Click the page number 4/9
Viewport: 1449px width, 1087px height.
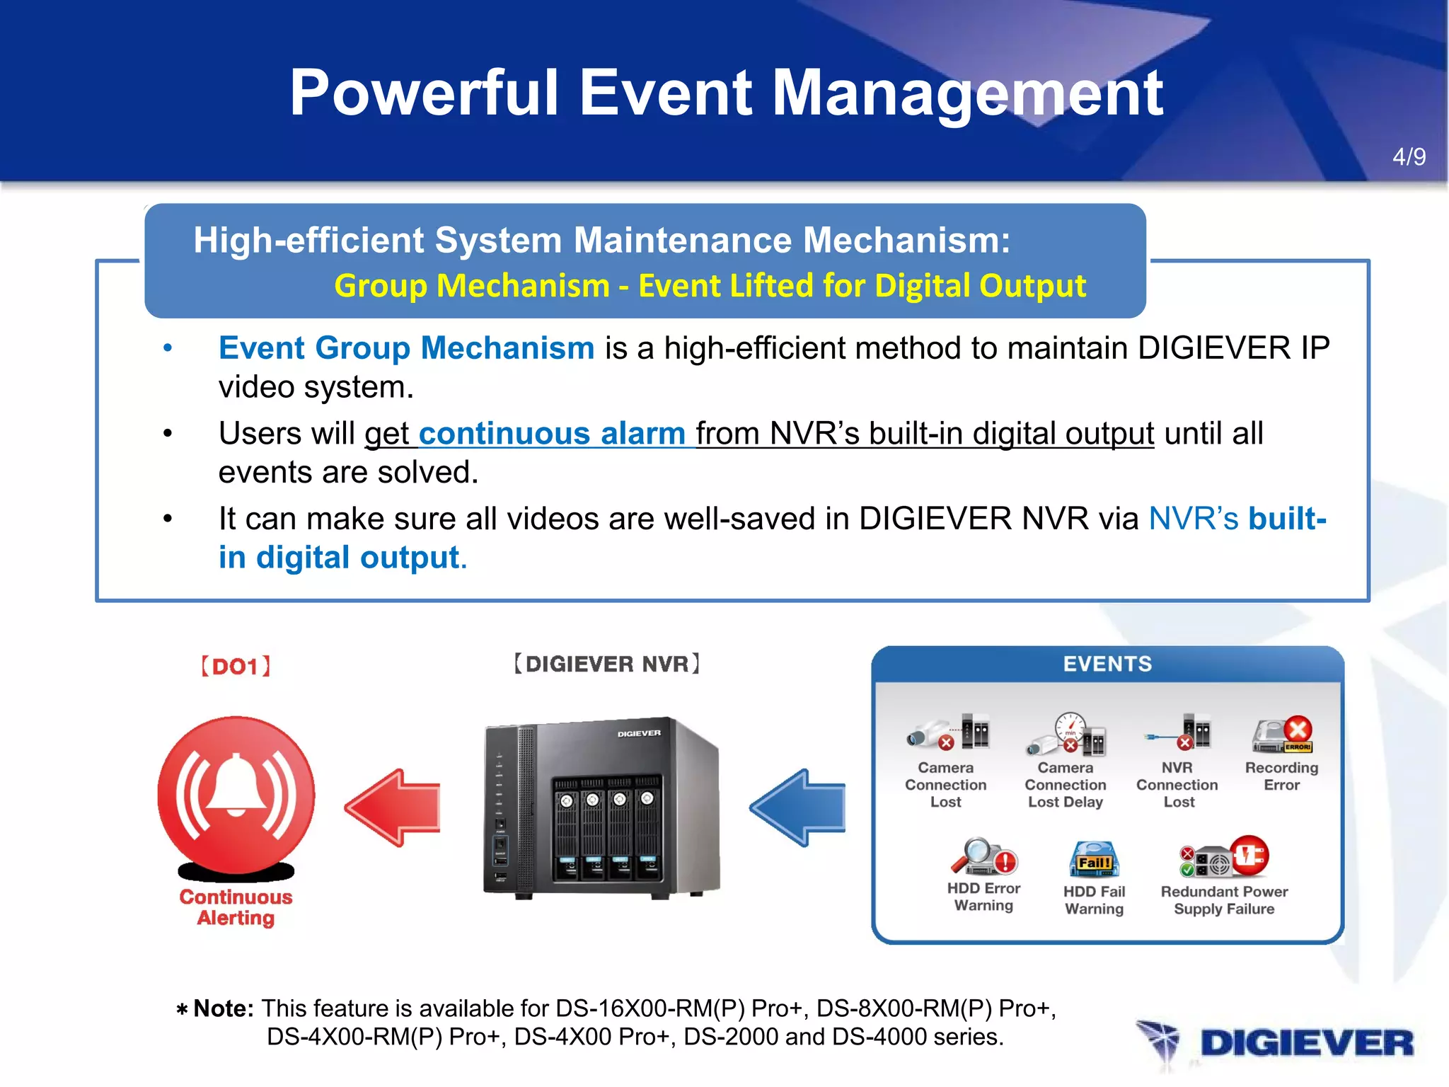tap(1409, 156)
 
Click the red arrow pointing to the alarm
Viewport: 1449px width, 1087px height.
tap(393, 807)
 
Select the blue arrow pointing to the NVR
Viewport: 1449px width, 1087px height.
tap(798, 807)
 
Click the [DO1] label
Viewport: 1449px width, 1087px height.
tap(236, 666)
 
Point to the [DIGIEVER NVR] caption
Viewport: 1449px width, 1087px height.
tap(607, 664)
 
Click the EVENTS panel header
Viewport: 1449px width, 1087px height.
tap(1107, 664)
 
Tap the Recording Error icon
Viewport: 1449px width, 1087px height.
tap(1283, 735)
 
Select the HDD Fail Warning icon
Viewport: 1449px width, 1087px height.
tap(1094, 860)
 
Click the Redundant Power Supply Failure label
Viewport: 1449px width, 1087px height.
tap(1224, 900)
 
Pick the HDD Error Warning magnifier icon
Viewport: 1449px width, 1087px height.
tap(983, 857)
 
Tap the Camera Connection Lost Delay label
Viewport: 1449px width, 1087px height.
tap(1066, 785)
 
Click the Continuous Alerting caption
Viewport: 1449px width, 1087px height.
tap(236, 907)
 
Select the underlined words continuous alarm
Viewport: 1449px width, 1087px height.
tap(552, 433)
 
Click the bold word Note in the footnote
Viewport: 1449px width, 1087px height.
tap(222, 1008)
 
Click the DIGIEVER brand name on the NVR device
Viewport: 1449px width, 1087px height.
tap(639, 734)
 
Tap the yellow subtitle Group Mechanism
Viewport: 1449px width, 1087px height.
tap(472, 286)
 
